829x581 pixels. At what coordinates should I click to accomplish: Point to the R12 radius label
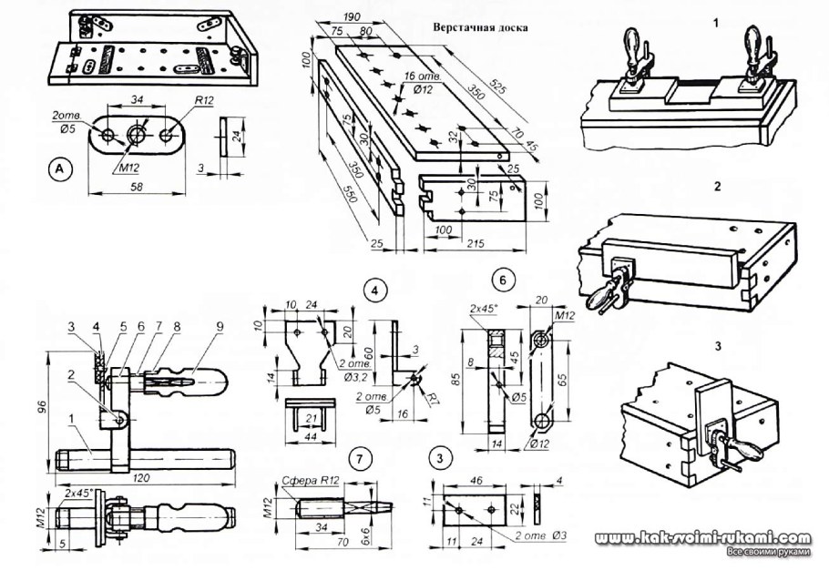pos(203,101)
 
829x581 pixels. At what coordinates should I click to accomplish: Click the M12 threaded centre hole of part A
pos(137,135)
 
